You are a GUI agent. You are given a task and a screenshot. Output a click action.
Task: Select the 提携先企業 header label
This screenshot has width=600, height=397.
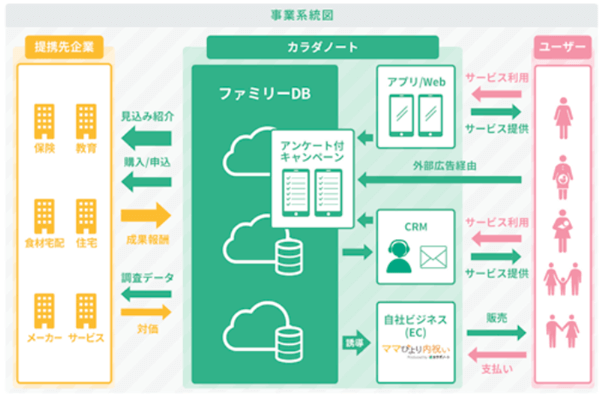(63, 47)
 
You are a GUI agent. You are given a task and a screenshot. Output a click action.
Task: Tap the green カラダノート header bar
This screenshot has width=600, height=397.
(322, 47)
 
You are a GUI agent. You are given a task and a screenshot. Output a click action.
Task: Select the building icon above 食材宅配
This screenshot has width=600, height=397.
(44, 213)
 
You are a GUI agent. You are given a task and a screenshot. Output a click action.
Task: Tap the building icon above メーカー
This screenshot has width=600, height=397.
(44, 306)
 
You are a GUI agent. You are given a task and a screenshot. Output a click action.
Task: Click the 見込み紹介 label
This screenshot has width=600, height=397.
(146, 116)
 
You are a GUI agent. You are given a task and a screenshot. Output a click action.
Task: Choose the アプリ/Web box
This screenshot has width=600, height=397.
(416, 103)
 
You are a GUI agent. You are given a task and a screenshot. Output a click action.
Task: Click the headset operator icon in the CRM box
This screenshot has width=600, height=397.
(395, 257)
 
